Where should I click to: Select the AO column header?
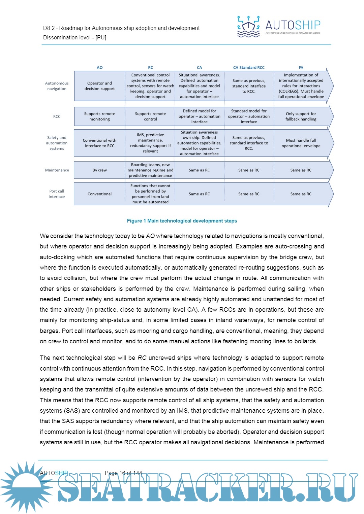tap(100, 68)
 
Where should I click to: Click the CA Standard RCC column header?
tap(249, 68)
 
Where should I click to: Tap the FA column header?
tap(301, 68)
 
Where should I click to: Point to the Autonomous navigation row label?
tap(57, 86)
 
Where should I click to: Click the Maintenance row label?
tap(57, 170)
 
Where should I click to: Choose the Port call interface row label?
tap(57, 194)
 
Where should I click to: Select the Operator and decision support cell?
tap(100, 86)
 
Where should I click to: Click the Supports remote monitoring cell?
tap(100, 116)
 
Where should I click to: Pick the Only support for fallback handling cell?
tap(301, 116)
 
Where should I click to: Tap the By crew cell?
tap(100, 170)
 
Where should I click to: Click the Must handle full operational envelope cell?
tap(301, 143)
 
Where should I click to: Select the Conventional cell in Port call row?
tap(100, 194)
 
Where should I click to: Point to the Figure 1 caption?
tap(182, 221)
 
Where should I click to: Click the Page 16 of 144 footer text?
tap(123, 473)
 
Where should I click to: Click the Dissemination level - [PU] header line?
tap(75, 38)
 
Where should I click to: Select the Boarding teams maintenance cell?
tap(150, 170)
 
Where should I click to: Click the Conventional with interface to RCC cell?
tap(100, 143)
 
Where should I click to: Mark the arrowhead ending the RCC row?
tap(331, 116)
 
